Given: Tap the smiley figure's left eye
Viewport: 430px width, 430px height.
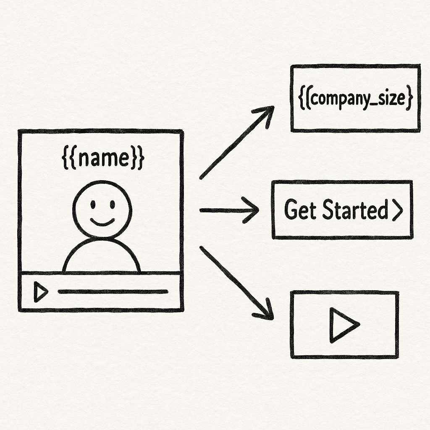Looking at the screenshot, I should click(92, 205).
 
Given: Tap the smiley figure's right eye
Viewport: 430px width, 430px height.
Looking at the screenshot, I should click(113, 205).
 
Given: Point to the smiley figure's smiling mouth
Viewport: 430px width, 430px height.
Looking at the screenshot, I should click(102, 221).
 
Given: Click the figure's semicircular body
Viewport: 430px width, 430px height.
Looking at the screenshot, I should click(102, 257).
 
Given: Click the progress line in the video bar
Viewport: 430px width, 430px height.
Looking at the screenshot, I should click(113, 291).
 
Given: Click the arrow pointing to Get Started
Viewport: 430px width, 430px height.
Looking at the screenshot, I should click(229, 210).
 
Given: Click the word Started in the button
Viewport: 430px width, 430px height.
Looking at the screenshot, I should click(355, 210).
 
